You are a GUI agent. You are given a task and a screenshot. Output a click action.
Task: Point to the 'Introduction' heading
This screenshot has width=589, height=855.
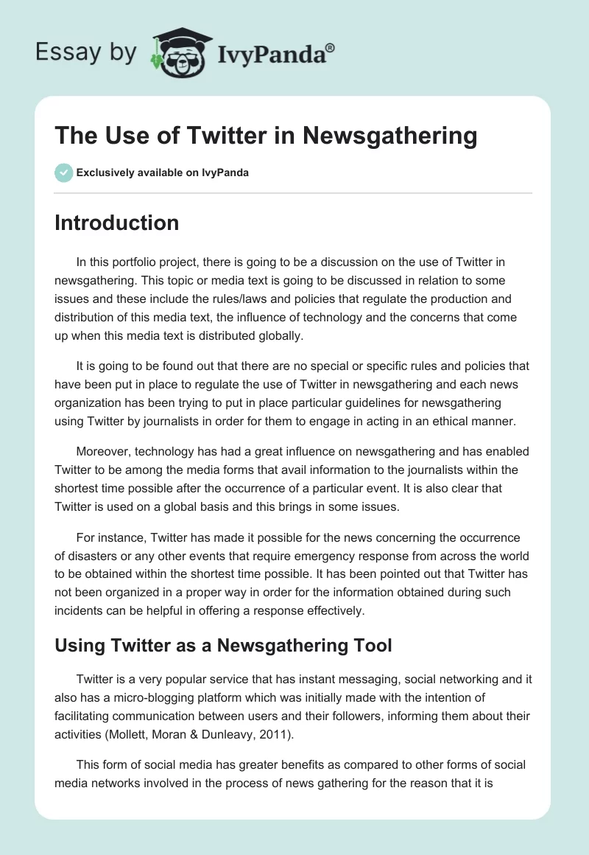point(116,223)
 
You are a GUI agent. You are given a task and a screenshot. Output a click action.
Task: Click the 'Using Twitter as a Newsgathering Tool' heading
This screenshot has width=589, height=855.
point(223,646)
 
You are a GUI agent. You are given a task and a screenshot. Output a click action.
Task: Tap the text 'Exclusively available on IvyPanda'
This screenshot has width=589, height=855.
point(163,172)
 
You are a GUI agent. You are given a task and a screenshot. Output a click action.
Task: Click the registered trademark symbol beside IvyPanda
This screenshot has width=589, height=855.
point(331,46)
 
